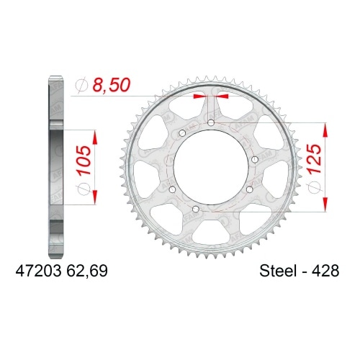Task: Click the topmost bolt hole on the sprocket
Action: [x=210, y=124]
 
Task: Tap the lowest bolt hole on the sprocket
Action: [x=195, y=209]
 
